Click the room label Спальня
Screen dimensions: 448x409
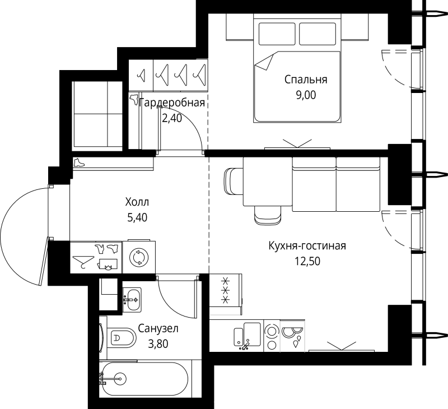(306, 80)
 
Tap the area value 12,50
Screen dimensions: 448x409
(307, 261)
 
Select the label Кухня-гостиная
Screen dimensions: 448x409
(307, 246)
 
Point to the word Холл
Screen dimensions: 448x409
(137, 202)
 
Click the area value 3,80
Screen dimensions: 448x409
(158, 344)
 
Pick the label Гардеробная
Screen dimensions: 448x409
(172, 103)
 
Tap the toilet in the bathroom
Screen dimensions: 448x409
(122, 337)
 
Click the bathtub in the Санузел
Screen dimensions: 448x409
(144, 379)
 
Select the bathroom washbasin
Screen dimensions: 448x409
(132, 300)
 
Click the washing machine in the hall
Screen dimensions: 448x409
(139, 257)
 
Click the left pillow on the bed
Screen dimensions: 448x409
(277, 34)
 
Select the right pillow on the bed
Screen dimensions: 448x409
(318, 34)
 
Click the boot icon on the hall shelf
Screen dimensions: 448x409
(79, 163)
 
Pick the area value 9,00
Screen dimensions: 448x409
(306, 95)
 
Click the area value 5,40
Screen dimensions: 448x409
(137, 218)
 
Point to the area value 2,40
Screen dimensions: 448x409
(172, 118)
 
